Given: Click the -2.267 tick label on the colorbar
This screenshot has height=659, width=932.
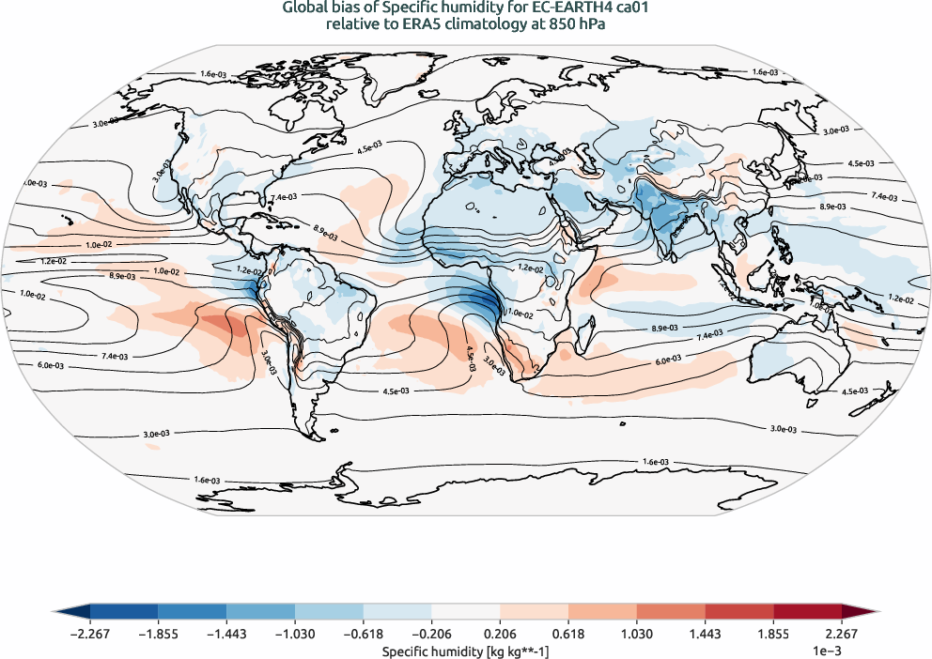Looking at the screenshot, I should [x=90, y=635].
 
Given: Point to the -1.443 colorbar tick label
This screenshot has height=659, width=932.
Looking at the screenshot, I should [x=226, y=635].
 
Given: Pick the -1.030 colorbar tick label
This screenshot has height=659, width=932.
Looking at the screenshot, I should [x=295, y=635].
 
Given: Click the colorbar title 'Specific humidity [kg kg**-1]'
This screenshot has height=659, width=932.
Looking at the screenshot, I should [x=466, y=650].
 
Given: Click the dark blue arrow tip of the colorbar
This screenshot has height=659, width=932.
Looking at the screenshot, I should [x=66, y=611].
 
